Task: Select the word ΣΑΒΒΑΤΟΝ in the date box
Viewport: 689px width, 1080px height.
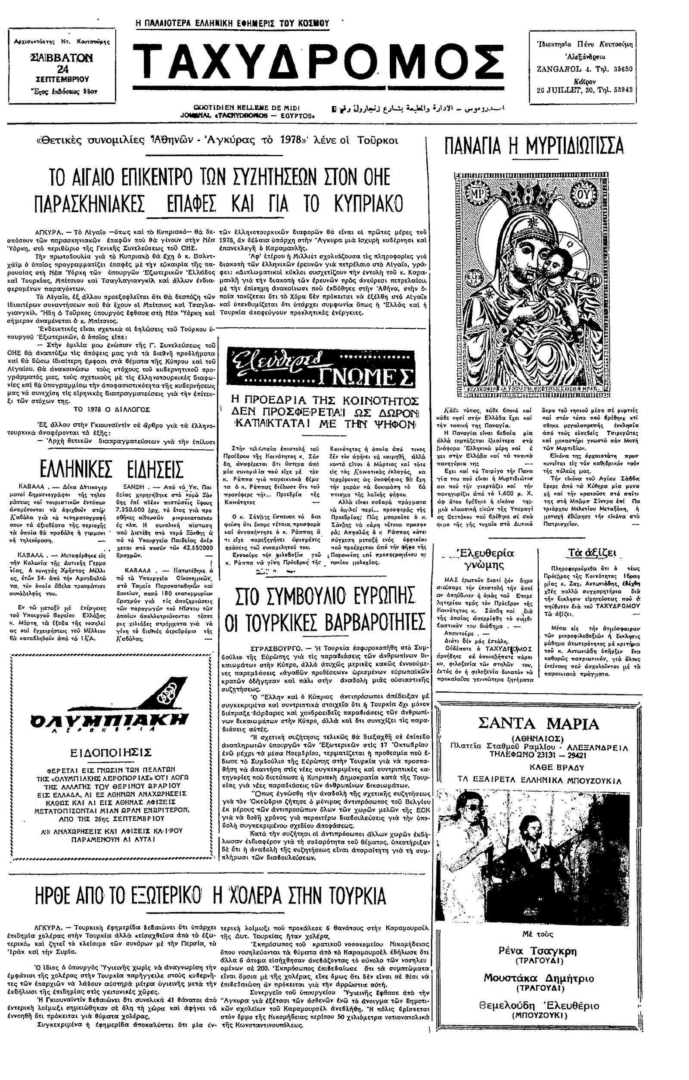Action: (62, 59)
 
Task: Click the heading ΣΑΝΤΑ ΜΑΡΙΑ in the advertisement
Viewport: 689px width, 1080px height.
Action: (538, 723)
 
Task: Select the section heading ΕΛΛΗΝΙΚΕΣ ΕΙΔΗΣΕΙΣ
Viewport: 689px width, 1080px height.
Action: (111, 469)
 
